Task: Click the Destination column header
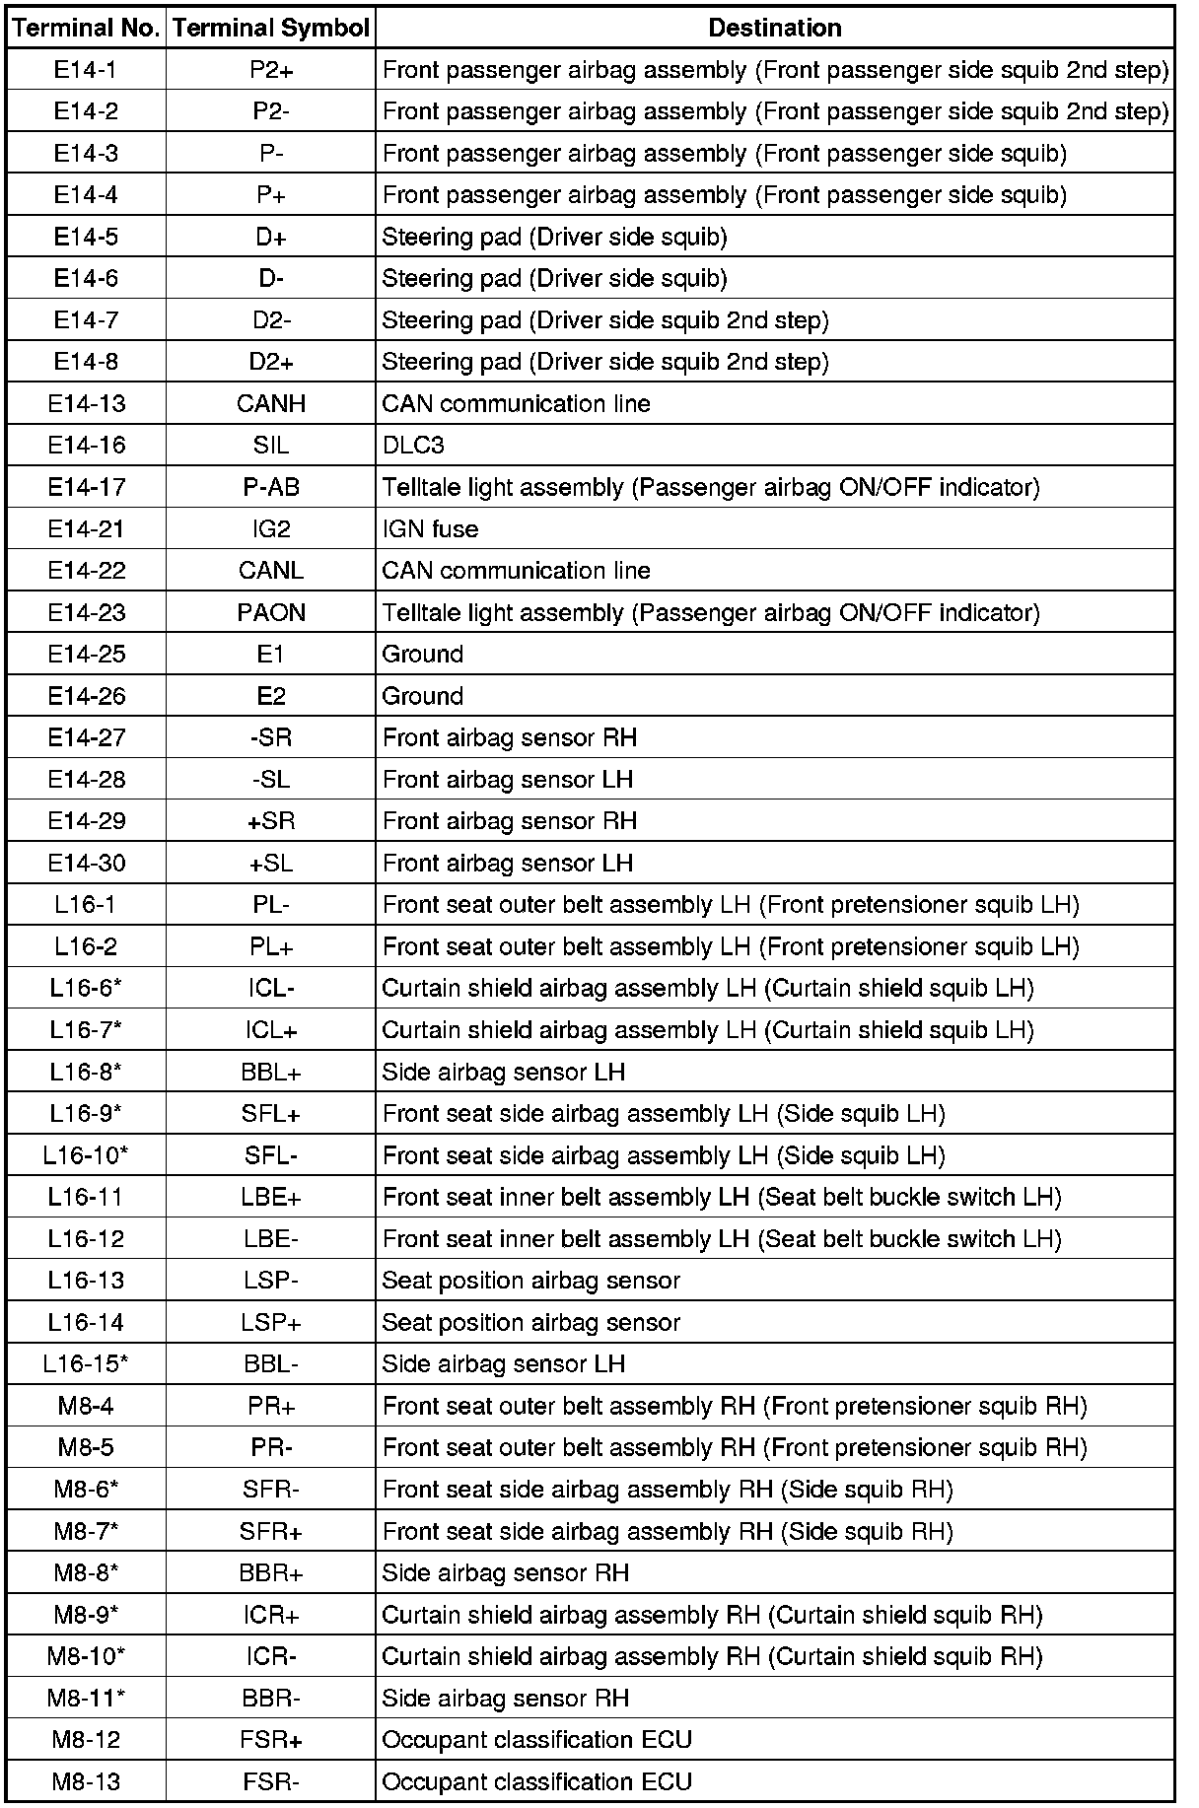click(x=775, y=28)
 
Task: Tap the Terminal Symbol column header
click(x=270, y=28)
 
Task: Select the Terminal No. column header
click(x=87, y=28)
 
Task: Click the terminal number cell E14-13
click(x=87, y=403)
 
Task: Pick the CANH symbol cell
click(x=271, y=403)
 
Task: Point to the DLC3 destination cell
click(x=413, y=446)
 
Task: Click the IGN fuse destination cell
click(x=430, y=528)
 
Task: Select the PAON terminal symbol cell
click(x=271, y=612)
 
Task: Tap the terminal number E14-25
click(x=87, y=654)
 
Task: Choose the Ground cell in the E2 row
click(x=422, y=696)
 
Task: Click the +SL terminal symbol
click(x=271, y=863)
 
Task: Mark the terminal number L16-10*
click(x=87, y=1154)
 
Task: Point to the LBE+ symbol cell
click(x=271, y=1197)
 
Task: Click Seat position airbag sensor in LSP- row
click(x=530, y=1280)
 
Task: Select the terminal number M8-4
click(x=87, y=1405)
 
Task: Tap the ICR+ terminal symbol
click(x=271, y=1614)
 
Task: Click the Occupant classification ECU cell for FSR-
click(x=536, y=1781)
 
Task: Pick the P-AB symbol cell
click(x=271, y=487)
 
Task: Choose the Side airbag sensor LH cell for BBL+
click(x=503, y=1072)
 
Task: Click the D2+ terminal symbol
click(x=271, y=362)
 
